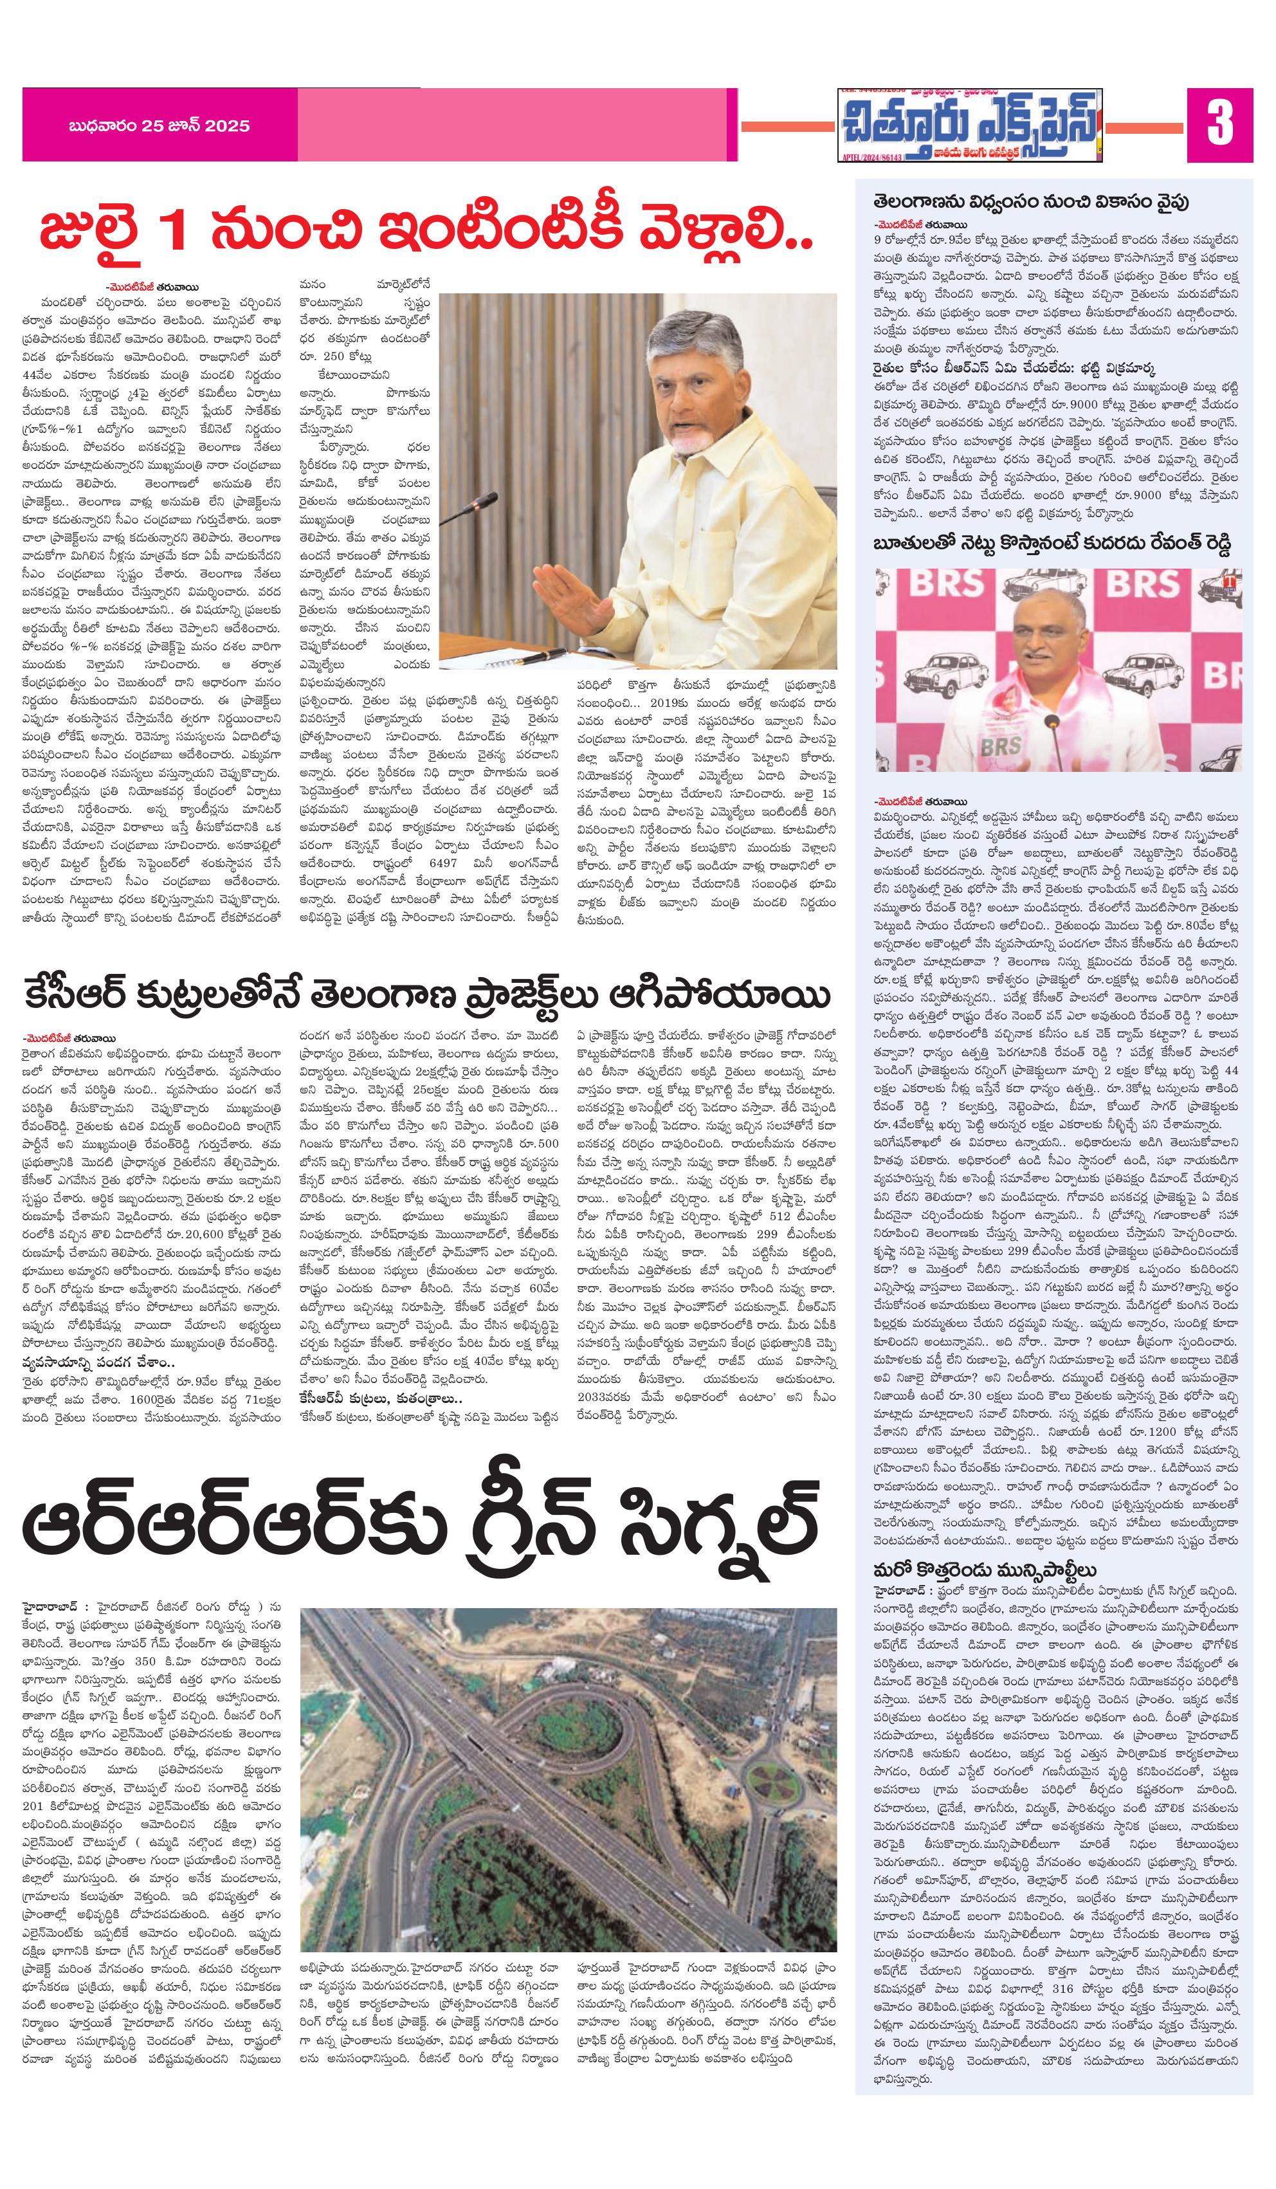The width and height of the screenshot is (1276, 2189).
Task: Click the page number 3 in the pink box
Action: [x=1219, y=125]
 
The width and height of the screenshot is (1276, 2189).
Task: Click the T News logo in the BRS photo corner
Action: [x=1232, y=580]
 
